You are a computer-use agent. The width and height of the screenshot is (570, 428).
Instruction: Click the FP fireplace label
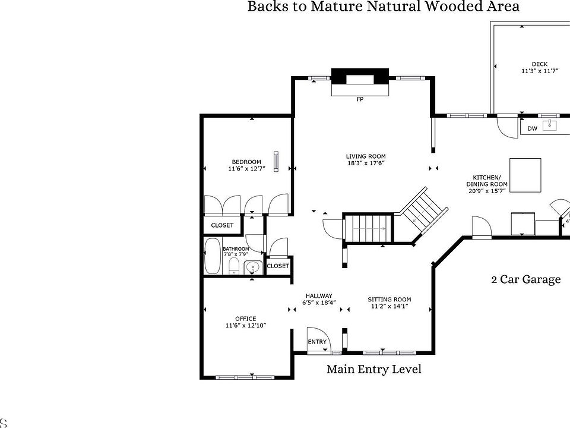[x=360, y=99]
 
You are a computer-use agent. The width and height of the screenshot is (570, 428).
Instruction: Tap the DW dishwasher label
[x=532, y=128]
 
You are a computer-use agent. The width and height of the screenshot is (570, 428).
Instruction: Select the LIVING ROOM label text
[x=366, y=156]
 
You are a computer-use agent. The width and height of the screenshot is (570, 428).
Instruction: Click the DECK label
[x=540, y=64]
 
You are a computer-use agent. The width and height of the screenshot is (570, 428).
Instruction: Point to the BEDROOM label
[x=246, y=162]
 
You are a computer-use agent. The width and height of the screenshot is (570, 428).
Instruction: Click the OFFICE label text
[x=246, y=319]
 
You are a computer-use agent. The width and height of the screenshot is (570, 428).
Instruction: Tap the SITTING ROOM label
[x=389, y=300]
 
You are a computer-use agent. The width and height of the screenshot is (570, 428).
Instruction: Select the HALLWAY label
[x=319, y=296]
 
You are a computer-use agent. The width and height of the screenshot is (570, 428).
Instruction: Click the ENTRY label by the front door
[x=317, y=342]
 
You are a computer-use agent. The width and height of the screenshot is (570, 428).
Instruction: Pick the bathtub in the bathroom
[x=213, y=256]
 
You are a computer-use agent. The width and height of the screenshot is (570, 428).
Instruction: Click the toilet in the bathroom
[x=233, y=267]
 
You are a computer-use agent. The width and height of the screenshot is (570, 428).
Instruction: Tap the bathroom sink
[x=253, y=268]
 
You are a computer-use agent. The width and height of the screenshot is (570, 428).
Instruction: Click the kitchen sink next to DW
[x=549, y=125]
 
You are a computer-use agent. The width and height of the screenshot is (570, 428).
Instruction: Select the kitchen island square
[x=525, y=175]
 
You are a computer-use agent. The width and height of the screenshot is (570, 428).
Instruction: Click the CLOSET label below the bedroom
[x=222, y=225]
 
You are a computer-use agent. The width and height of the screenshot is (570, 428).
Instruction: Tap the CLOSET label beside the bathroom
[x=278, y=266]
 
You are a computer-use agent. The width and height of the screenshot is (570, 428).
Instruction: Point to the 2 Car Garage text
[x=526, y=279]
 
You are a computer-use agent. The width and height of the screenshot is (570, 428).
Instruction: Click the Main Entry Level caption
[x=374, y=369]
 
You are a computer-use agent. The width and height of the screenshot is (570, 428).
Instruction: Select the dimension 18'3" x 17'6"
[x=366, y=163]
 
